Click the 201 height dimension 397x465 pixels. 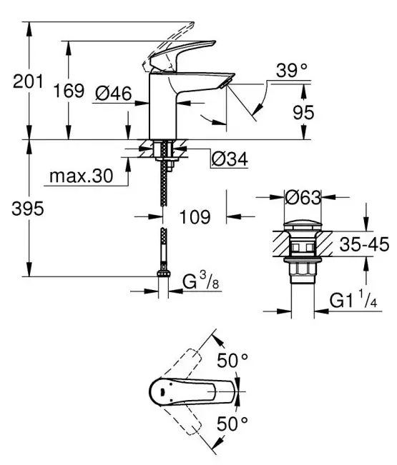coord(28,81)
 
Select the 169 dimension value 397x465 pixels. coord(69,91)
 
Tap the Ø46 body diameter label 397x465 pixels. coord(114,94)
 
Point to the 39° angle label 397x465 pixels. coord(292,71)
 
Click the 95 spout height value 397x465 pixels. coord(303,112)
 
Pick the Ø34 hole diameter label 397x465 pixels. coord(230,159)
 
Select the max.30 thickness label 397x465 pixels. coord(81,176)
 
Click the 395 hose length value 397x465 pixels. coord(28,209)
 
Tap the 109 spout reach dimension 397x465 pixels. coord(195,216)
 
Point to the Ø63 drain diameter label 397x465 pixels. coord(303,197)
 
